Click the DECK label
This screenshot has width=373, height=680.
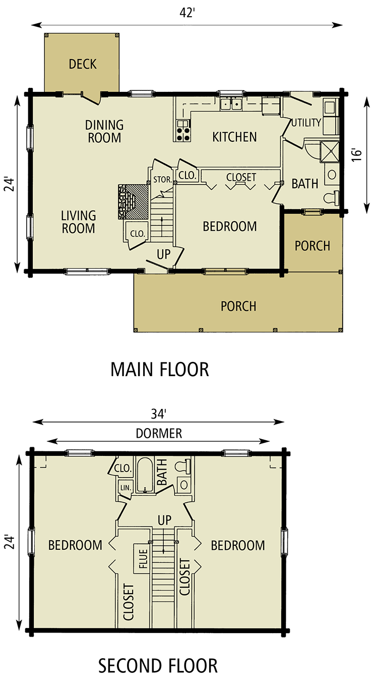[83, 64]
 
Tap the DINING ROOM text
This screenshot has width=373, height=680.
[104, 131]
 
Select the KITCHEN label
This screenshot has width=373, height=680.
[234, 137]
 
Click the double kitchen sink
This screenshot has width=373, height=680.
[231, 104]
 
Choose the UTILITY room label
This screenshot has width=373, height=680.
[306, 123]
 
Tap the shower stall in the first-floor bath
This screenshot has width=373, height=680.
[330, 150]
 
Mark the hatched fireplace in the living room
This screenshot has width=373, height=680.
[134, 201]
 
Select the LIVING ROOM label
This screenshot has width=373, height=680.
[78, 222]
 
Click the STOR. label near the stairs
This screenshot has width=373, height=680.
[162, 179]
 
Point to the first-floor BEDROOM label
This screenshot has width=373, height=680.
[229, 227]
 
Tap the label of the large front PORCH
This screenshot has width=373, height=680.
[238, 306]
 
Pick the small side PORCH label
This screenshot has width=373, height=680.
[313, 246]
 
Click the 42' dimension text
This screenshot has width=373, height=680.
[186, 21]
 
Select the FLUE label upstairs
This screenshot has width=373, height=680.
[143, 558]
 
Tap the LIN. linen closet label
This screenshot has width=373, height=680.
[125, 488]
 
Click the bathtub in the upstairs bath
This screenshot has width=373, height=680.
[145, 475]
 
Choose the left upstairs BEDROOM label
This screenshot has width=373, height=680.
[75, 545]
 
